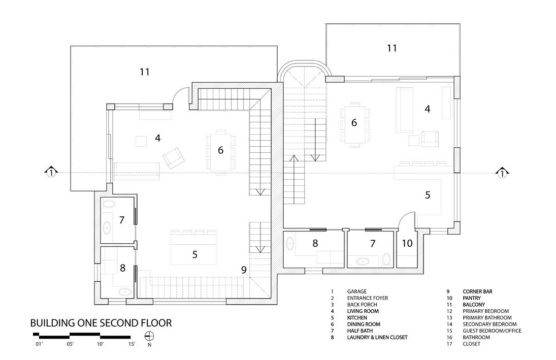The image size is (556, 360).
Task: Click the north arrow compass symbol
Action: coord(149,336)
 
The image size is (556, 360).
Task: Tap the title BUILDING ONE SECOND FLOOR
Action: coord(101,322)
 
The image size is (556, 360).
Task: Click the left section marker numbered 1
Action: coord(50,173)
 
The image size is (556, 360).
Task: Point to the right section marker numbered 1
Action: coord(502,173)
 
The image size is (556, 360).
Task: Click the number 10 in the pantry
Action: coord(407,243)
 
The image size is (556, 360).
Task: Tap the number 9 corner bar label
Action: coord(244,270)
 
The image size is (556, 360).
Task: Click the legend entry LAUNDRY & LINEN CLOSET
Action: coord(377,337)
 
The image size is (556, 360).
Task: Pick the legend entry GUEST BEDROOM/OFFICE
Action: coord(492,331)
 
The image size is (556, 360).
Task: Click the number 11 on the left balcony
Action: coord(145,72)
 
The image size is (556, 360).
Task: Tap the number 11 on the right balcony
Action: coord(391,48)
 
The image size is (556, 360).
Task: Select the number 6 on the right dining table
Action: coord(354,122)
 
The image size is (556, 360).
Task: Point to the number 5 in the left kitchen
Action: coord(194,254)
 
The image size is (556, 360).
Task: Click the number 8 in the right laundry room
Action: coord(315,243)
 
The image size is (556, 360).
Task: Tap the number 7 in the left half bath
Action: coord(121,220)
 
